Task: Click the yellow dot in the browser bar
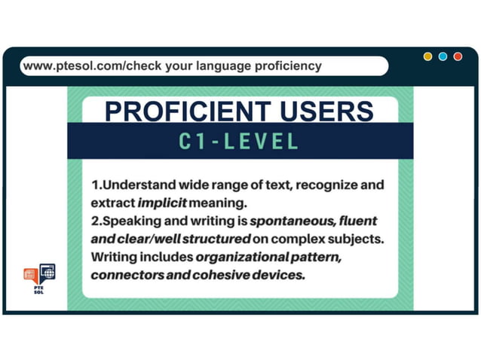coord(427,56)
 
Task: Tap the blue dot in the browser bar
coord(443,56)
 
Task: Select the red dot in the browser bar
coord(458,56)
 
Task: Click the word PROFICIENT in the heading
coord(185,111)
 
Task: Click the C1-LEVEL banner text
coord(240,141)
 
